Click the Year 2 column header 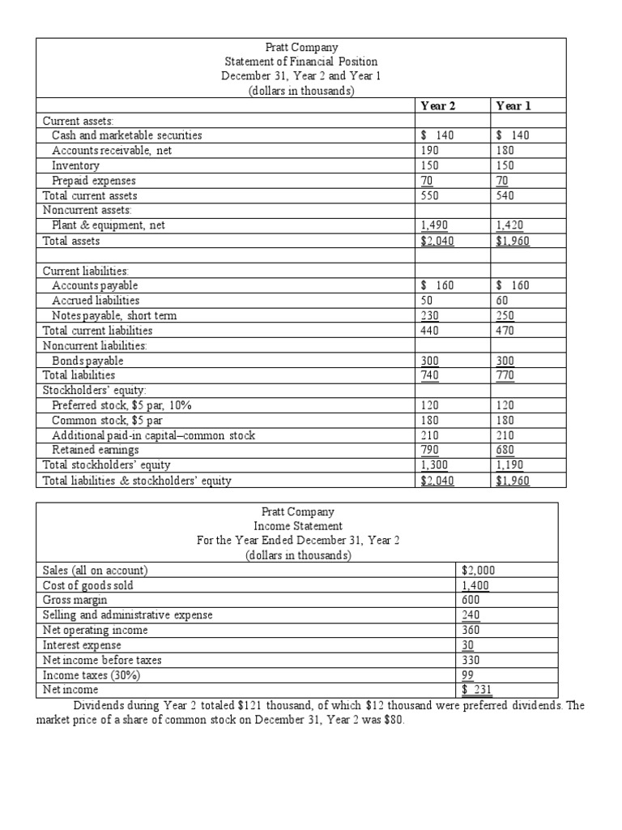click(x=439, y=105)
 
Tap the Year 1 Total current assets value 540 click(x=505, y=195)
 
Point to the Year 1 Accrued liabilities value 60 click(x=503, y=300)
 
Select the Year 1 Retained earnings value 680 click(x=505, y=450)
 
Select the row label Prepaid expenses click(x=94, y=181)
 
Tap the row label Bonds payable click(x=87, y=360)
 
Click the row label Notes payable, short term click(x=114, y=315)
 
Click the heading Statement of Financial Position click(x=300, y=62)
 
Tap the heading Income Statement click(x=299, y=526)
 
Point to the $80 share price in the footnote click(x=390, y=721)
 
